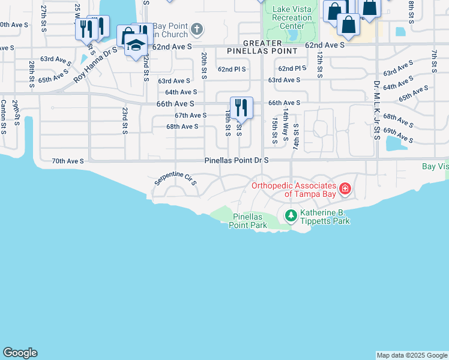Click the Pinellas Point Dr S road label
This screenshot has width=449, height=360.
(x=237, y=161)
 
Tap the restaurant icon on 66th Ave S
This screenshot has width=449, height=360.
(x=241, y=107)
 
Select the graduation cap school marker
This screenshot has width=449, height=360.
(x=136, y=46)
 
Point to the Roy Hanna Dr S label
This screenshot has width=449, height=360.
(x=95, y=62)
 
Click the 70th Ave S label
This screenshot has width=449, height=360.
(x=67, y=161)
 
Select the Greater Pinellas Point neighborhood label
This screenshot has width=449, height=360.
(x=262, y=47)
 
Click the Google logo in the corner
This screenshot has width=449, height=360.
(x=20, y=353)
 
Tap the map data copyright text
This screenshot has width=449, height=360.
(x=411, y=355)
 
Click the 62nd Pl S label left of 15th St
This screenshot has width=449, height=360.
(x=232, y=69)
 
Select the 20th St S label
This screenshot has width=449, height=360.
(x=204, y=63)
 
